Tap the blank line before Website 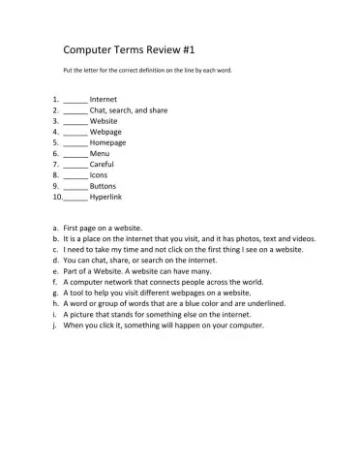pos(75,122)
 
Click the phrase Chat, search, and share pos(129,110)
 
